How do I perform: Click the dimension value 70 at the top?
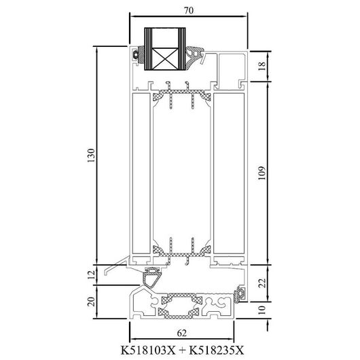pyautogui.click(x=189, y=10)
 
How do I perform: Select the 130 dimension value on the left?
pyautogui.click(x=91, y=156)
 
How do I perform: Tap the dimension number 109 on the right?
pyautogui.click(x=262, y=173)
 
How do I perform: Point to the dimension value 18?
pyautogui.click(x=262, y=66)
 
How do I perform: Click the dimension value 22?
pyautogui.click(x=262, y=283)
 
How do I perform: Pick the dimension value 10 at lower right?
pyautogui.click(x=262, y=310)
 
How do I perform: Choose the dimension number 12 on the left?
pyautogui.click(x=91, y=274)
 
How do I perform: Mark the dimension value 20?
pyautogui.click(x=91, y=302)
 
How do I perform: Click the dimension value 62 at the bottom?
pyautogui.click(x=181, y=333)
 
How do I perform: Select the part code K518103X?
pyautogui.click(x=148, y=350)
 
